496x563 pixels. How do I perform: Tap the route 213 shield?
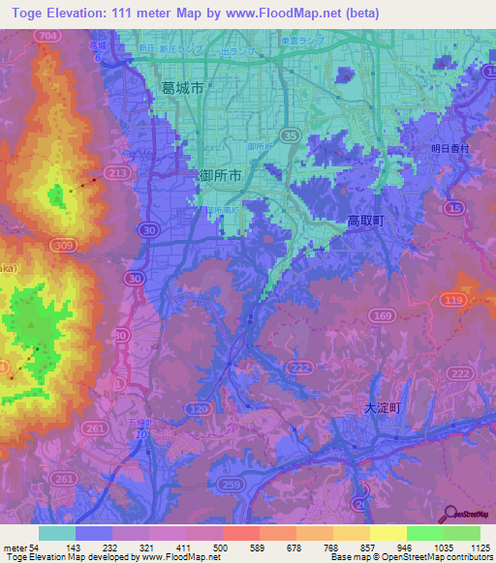(119, 173)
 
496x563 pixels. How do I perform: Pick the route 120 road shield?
(199, 410)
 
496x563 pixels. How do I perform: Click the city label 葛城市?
(182, 87)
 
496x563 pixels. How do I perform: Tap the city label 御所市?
(226, 176)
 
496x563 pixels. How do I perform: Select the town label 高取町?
(366, 222)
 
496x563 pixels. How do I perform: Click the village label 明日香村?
(449, 149)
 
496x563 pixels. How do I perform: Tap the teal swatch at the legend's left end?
(57, 533)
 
